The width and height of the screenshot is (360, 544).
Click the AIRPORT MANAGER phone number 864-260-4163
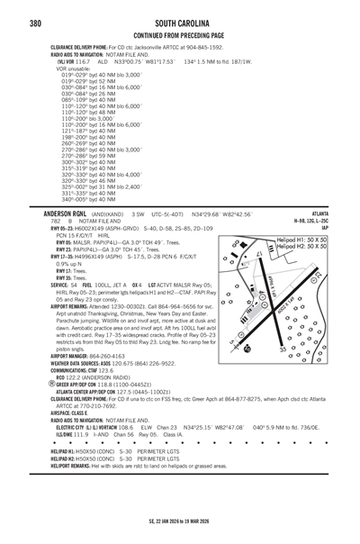click(102, 382)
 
